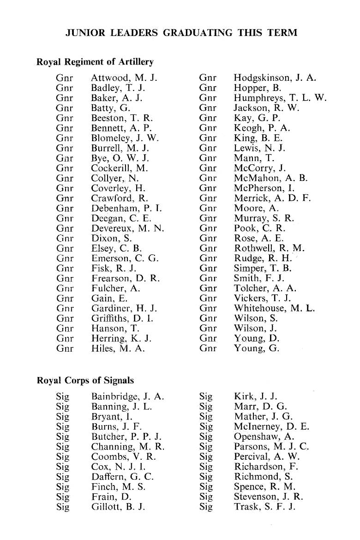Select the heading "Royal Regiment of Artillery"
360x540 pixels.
[x=95, y=61]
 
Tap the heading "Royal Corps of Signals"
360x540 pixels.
[x=85, y=381]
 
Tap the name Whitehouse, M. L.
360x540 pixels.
[x=274, y=308]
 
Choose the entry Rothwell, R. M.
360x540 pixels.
[x=270, y=248]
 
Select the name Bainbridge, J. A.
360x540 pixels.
[x=128, y=396]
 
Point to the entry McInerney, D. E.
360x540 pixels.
[x=271, y=426]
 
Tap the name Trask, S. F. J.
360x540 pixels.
[x=264, y=507]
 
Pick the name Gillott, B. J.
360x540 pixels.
[x=119, y=507]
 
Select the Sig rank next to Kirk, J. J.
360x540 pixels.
[x=205, y=396]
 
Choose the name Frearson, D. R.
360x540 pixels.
[x=126, y=278]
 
